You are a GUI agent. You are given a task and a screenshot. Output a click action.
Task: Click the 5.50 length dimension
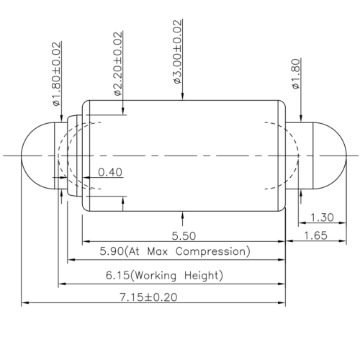tap(185, 235)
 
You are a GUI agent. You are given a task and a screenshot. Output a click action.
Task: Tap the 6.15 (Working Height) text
tap(175, 275)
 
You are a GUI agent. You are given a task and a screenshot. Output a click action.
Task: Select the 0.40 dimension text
tap(109, 171)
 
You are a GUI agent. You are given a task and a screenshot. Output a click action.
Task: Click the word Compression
tap(215, 251)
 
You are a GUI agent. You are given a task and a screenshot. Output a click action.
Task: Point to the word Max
tap(163, 251)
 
